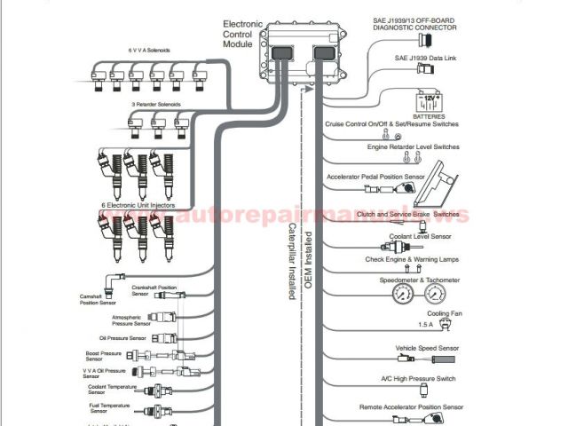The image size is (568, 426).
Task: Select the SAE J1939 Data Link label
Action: click(425, 59)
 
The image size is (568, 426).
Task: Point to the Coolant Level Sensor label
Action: click(421, 237)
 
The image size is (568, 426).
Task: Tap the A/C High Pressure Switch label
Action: click(417, 379)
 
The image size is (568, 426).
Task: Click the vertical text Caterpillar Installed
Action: click(290, 262)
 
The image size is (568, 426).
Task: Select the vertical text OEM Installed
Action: click(309, 266)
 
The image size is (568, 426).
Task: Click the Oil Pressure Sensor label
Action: click(123, 338)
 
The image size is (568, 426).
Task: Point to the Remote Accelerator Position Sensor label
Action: click(411, 406)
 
